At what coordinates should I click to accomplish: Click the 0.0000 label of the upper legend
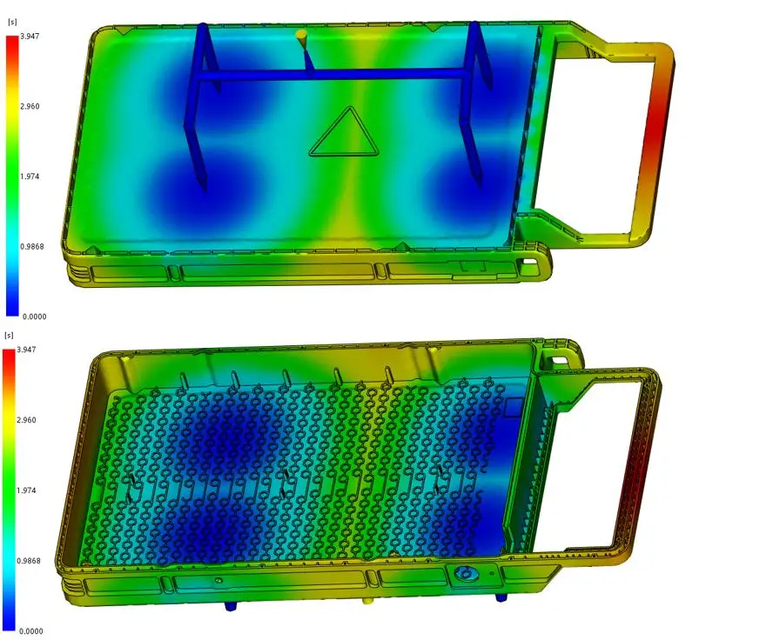click(34, 317)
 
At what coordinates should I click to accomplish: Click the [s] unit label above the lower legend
click(10, 335)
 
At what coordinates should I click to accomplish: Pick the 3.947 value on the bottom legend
click(30, 350)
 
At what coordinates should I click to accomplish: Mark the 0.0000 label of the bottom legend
click(34, 630)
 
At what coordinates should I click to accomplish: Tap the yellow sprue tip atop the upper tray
click(301, 36)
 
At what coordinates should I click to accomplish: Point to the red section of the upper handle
click(655, 130)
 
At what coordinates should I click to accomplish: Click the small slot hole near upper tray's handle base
click(528, 261)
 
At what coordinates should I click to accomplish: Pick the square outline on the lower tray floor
click(514, 405)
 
